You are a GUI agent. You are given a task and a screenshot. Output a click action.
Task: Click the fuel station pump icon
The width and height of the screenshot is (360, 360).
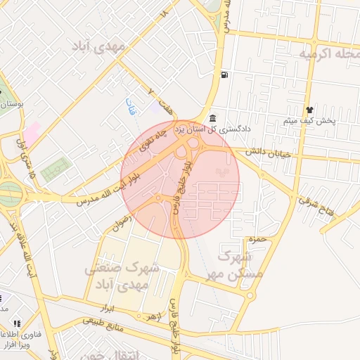[224, 75]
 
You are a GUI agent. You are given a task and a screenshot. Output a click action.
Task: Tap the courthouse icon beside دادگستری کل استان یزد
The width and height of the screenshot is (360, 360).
[213, 117]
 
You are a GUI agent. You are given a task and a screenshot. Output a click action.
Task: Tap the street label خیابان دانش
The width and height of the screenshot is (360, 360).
[269, 150]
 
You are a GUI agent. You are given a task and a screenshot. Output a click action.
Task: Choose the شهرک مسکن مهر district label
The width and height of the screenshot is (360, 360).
[240, 263]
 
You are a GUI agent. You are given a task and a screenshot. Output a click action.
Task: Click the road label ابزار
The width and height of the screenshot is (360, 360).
[107, 308]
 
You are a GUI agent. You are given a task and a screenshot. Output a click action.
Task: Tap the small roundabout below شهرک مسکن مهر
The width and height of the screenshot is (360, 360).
[249, 295]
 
